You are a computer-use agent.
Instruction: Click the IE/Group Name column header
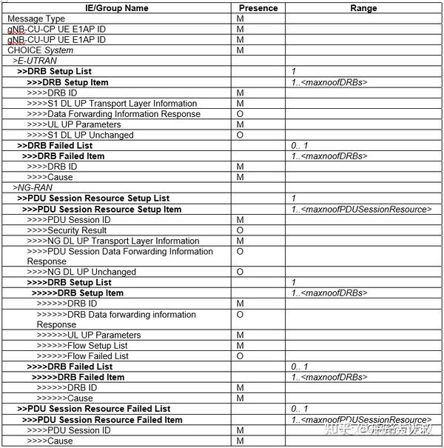click(x=118, y=8)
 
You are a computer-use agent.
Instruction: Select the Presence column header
click(x=259, y=8)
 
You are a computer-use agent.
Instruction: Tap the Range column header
click(x=363, y=8)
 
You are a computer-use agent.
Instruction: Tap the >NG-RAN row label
click(x=33, y=188)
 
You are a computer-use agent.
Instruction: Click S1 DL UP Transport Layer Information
click(x=112, y=104)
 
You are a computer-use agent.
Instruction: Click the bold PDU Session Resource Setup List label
click(x=93, y=198)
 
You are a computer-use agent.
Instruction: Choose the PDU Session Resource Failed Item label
click(x=102, y=420)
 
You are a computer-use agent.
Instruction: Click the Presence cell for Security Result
click(x=240, y=230)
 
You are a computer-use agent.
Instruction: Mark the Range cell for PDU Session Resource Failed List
click(x=300, y=409)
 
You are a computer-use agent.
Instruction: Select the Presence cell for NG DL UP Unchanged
click(x=240, y=273)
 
